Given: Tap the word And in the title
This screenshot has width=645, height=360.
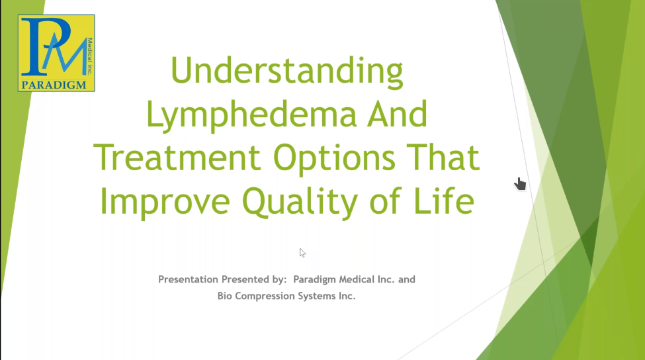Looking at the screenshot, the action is (398, 114).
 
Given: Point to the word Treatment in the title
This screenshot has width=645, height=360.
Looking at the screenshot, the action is (177, 157).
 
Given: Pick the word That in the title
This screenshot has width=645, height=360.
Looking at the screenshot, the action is (443, 157).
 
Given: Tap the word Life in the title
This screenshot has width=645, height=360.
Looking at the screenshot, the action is (444, 201).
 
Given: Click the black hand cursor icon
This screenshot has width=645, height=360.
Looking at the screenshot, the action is (521, 184).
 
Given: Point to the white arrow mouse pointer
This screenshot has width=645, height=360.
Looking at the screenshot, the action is (302, 253).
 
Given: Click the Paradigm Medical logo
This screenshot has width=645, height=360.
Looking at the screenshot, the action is (56, 53).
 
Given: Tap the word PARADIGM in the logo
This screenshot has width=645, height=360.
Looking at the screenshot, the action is (54, 85).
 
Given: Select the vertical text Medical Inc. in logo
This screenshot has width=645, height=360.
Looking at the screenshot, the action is (90, 56).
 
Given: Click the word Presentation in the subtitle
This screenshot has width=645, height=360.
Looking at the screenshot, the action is (189, 279).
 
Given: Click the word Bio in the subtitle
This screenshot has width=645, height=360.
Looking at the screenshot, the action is (225, 296).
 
